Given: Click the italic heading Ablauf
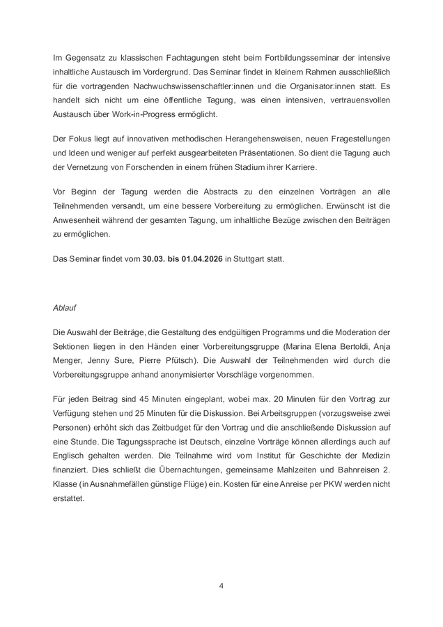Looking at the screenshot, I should coord(64,307).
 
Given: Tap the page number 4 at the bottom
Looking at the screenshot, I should coord(221,585).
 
